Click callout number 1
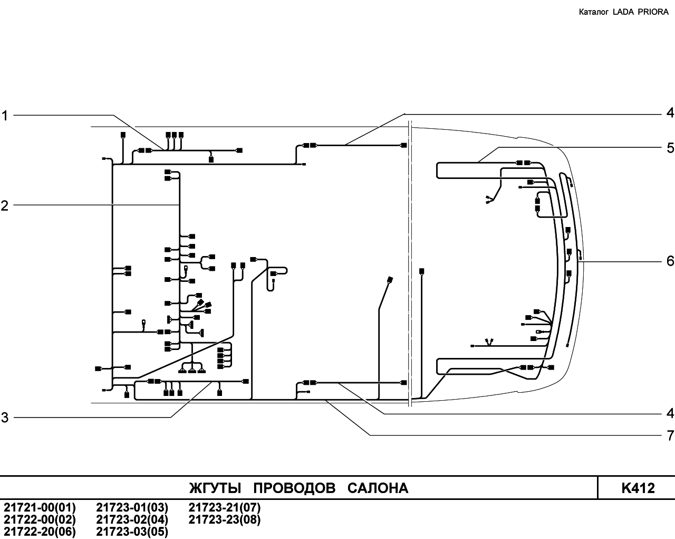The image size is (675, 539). [x=4, y=116]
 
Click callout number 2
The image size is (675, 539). [x=4, y=206]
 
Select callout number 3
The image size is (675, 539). [x=4, y=418]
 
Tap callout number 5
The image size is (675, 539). [x=670, y=148]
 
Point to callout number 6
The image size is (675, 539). [x=670, y=261]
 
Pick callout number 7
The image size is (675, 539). [x=670, y=436]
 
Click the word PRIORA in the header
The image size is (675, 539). [x=653, y=12]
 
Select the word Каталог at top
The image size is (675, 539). [x=594, y=12]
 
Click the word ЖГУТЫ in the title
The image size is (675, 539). [x=215, y=488]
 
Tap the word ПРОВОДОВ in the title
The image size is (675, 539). [x=294, y=488]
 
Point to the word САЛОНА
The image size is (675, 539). [x=378, y=488]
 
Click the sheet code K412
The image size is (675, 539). [x=638, y=488]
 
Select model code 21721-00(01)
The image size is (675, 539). [x=40, y=508]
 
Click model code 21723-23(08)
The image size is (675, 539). [x=225, y=520]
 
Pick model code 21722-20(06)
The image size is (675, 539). [x=40, y=532]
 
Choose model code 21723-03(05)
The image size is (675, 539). [x=132, y=532]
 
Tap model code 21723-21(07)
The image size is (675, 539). [x=225, y=508]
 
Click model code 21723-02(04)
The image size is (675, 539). [x=132, y=520]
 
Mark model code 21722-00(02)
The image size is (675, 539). [x=40, y=520]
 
